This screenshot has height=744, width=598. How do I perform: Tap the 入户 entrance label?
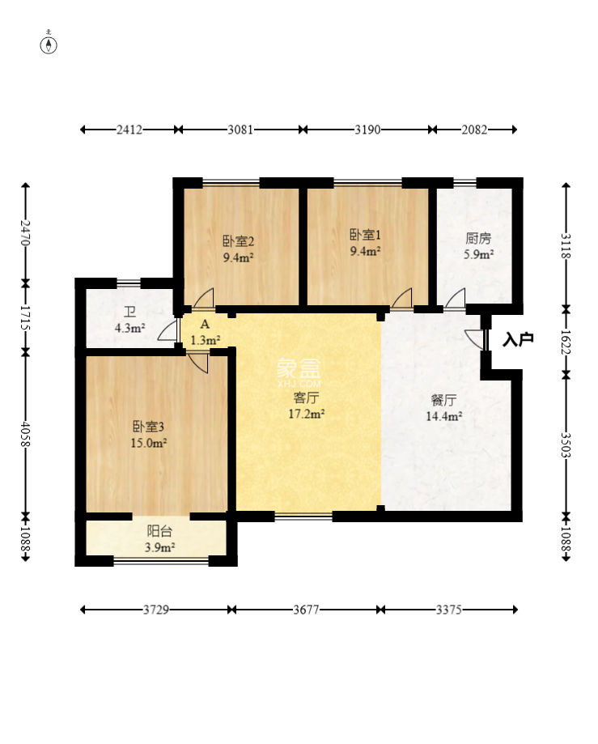(x=519, y=339)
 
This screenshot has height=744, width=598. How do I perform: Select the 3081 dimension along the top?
(x=240, y=130)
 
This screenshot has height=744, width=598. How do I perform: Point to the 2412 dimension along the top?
(x=129, y=130)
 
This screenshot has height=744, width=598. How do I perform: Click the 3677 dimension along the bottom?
(x=306, y=610)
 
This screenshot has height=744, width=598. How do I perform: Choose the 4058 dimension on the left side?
(x=25, y=434)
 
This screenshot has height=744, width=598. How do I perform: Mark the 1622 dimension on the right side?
(x=566, y=342)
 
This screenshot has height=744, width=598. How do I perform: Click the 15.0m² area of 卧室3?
(x=148, y=443)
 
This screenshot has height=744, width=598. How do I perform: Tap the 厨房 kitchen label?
(x=478, y=238)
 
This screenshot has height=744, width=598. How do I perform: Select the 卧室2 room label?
(x=239, y=241)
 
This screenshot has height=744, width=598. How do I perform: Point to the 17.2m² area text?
(x=307, y=414)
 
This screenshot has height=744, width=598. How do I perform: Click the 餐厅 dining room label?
(x=444, y=401)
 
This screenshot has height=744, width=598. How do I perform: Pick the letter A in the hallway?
(x=205, y=325)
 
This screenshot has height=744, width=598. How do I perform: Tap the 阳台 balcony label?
(x=159, y=531)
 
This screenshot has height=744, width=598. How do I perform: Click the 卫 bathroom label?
(x=129, y=312)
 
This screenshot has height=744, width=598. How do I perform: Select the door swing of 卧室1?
(x=402, y=299)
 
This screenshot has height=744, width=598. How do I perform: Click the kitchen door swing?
(x=456, y=299)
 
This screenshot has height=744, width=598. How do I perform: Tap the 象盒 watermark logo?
(x=299, y=368)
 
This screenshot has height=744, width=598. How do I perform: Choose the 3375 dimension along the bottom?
(x=448, y=610)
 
